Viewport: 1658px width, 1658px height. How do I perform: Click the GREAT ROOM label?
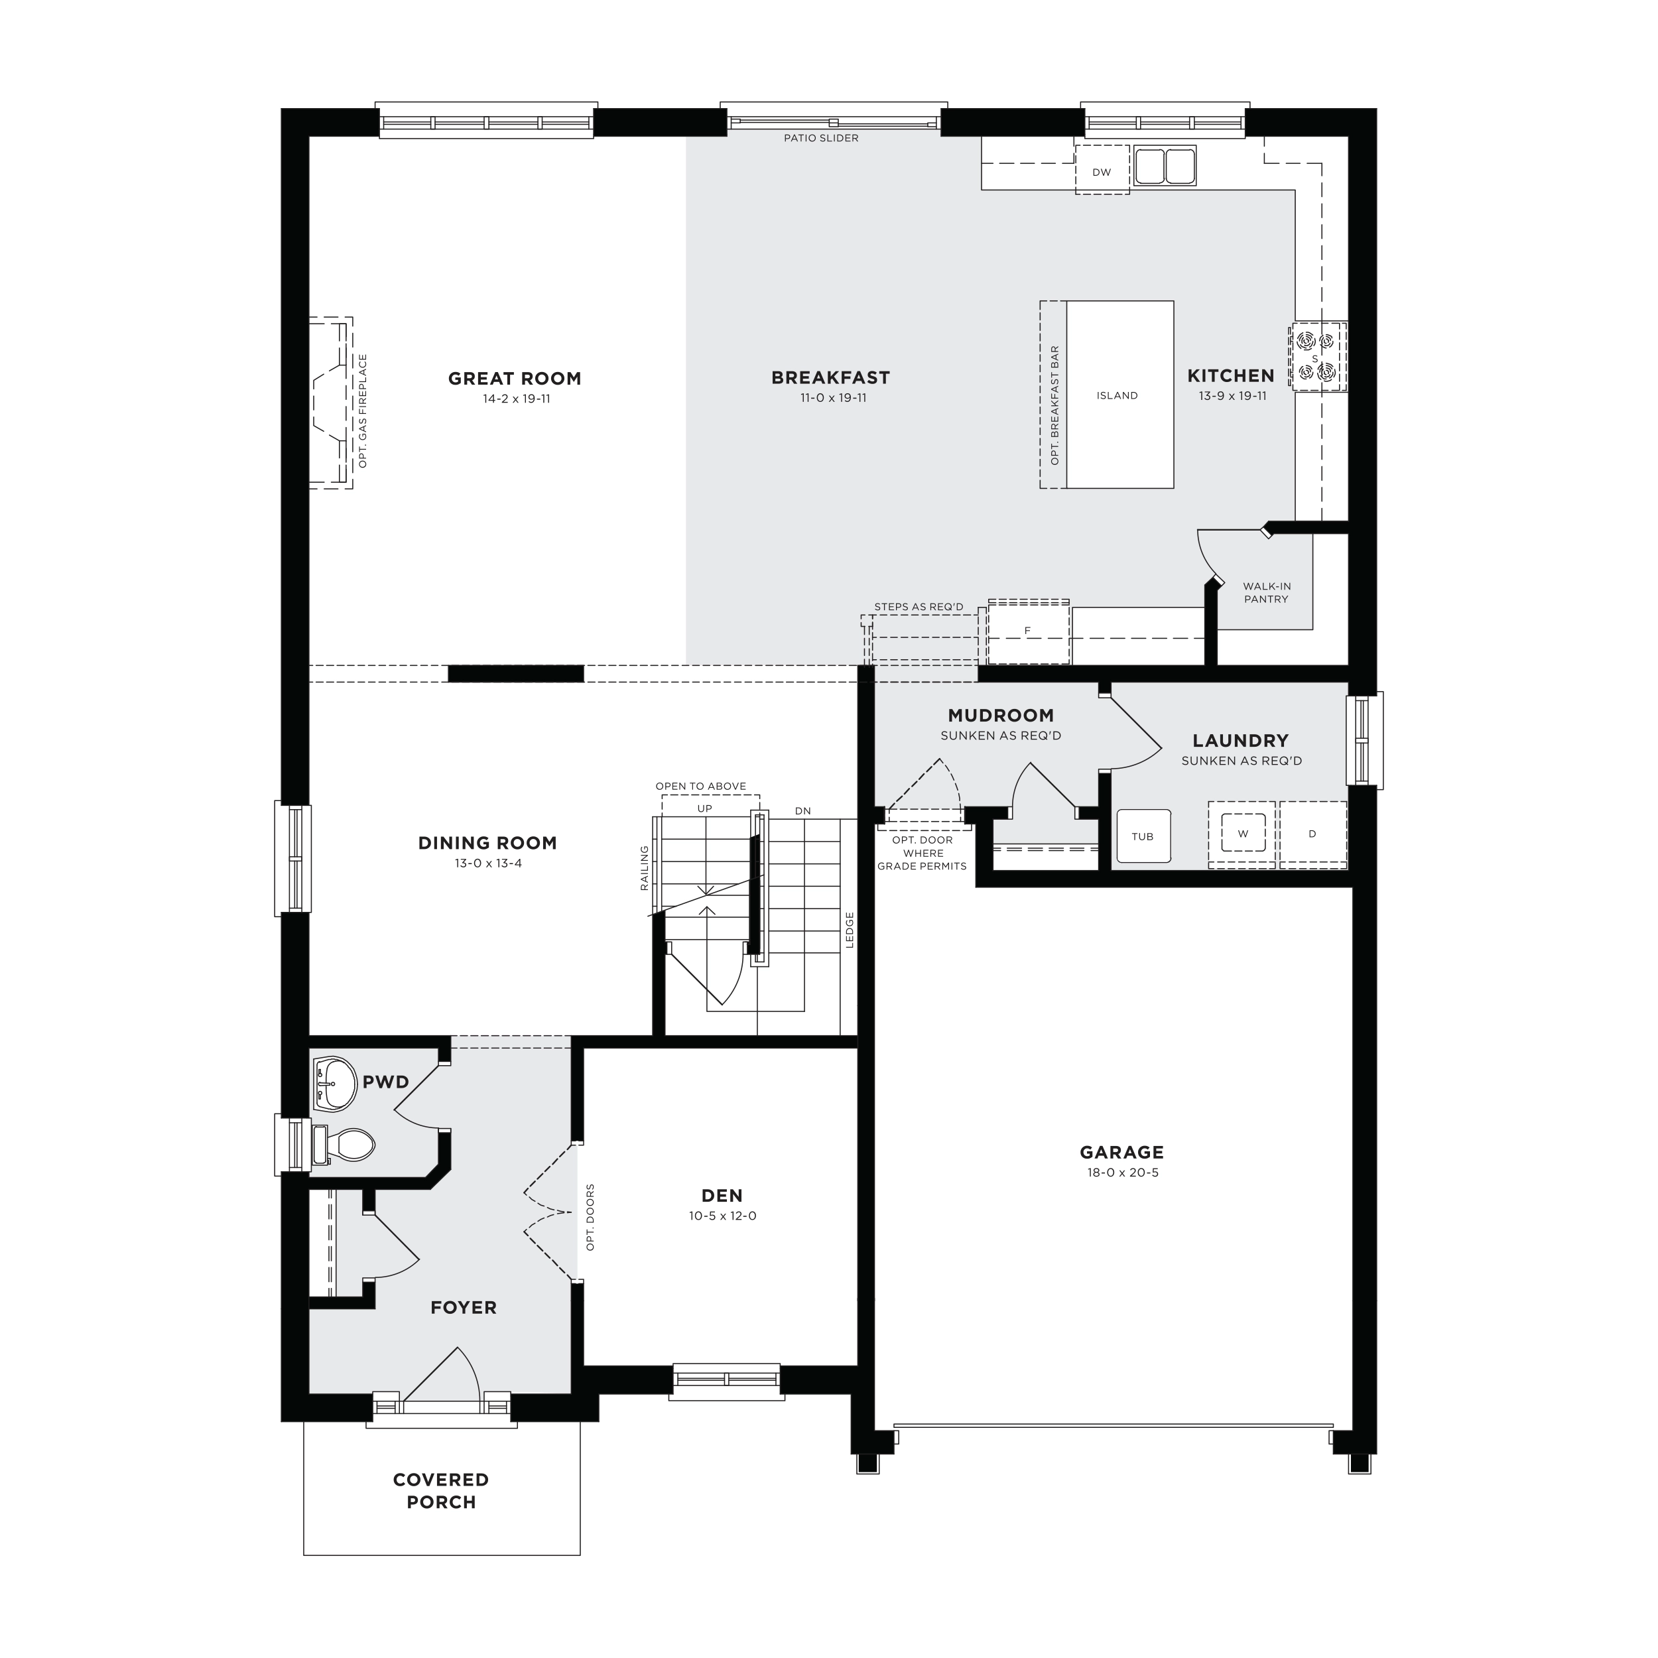click(515, 379)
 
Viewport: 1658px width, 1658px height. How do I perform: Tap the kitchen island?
click(1120, 395)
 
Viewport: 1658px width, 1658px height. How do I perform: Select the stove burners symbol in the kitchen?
click(1316, 357)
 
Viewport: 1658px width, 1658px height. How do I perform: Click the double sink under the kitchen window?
click(1165, 166)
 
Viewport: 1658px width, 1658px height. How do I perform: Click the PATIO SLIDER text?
click(821, 138)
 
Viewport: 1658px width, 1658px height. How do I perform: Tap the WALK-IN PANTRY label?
click(1267, 593)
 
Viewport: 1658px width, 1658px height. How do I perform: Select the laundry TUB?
click(1143, 836)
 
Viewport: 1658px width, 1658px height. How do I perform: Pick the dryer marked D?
click(1313, 833)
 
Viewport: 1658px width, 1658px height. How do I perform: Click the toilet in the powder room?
click(344, 1144)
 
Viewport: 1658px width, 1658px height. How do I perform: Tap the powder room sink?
click(336, 1084)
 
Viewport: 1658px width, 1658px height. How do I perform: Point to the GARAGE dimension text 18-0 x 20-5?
click(1123, 1173)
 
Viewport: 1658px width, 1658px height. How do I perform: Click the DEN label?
click(722, 1196)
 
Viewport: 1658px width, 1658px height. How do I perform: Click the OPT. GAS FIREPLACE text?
click(363, 411)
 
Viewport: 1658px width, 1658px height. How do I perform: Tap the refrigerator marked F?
click(1028, 631)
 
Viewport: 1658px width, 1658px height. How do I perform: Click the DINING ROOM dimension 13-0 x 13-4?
click(488, 863)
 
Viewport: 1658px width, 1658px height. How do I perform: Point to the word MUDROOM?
click(1001, 716)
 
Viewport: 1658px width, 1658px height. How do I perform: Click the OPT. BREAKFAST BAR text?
click(1054, 405)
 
